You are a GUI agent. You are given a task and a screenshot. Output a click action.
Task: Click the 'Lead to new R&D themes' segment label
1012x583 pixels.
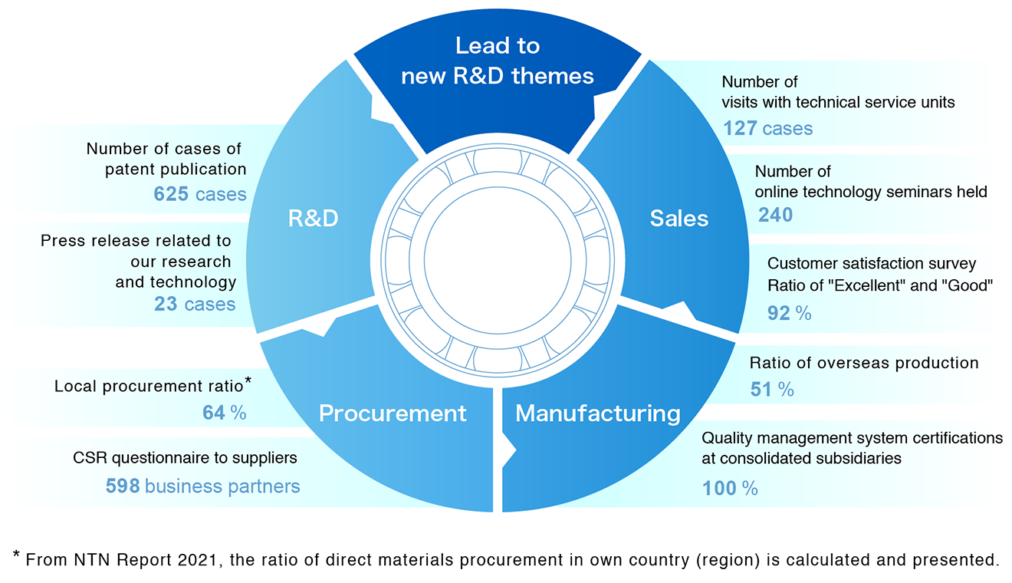[x=498, y=61]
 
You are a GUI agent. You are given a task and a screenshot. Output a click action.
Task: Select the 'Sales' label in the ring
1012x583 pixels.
[x=678, y=219]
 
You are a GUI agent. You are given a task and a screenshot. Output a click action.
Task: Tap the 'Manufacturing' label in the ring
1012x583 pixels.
[x=597, y=413]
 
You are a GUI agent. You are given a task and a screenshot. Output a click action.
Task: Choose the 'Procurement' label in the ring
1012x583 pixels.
[x=393, y=413]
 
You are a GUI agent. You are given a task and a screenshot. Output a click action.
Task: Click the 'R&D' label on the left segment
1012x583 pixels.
[x=313, y=219]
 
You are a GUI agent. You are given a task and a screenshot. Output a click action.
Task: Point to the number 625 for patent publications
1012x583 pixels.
[x=171, y=194]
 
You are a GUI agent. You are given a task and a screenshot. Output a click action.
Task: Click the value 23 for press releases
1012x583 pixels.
[x=166, y=305]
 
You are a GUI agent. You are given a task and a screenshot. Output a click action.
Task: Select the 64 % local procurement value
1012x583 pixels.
[x=224, y=413]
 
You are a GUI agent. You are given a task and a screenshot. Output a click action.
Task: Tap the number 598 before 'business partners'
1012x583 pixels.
[x=123, y=486]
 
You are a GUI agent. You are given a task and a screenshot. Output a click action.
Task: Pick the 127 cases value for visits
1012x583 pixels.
[x=767, y=128]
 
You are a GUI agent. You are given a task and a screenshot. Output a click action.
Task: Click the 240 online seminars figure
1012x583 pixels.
[x=775, y=215]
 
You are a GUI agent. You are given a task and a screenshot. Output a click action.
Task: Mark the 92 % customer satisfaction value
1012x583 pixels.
[x=789, y=313]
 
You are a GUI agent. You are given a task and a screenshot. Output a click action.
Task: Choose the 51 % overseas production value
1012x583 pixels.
[x=771, y=390]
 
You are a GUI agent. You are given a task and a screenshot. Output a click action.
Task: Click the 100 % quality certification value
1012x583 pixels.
[x=730, y=488]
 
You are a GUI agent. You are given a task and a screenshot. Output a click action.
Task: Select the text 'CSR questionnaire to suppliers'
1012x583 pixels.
[x=185, y=458]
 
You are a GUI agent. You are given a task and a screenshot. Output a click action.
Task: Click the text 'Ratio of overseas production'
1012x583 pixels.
[x=864, y=363]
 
